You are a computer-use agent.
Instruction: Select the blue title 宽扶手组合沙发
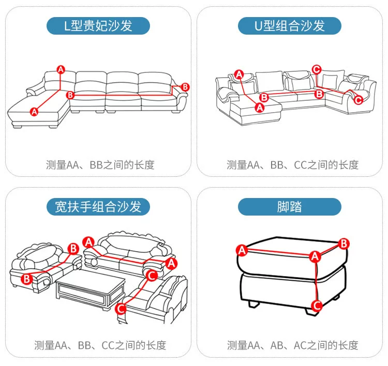point(98,207)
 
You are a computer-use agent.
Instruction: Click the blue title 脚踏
point(290,207)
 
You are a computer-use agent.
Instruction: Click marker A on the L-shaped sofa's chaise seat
point(35,111)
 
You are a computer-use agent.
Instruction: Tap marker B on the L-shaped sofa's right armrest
point(185,86)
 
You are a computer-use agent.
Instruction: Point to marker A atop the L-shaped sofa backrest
point(61,69)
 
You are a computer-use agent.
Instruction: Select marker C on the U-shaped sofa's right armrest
point(358,100)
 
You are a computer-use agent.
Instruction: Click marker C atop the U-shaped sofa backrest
point(317,69)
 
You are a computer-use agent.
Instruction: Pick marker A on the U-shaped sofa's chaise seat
point(260,107)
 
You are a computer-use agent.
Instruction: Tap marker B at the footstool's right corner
point(344,243)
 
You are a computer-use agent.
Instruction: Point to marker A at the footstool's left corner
point(241,251)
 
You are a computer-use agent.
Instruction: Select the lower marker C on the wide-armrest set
point(121,309)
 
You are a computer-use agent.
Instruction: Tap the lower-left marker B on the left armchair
point(26,279)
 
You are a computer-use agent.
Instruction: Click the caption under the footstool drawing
point(292,345)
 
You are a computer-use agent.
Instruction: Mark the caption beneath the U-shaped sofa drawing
point(292,165)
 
